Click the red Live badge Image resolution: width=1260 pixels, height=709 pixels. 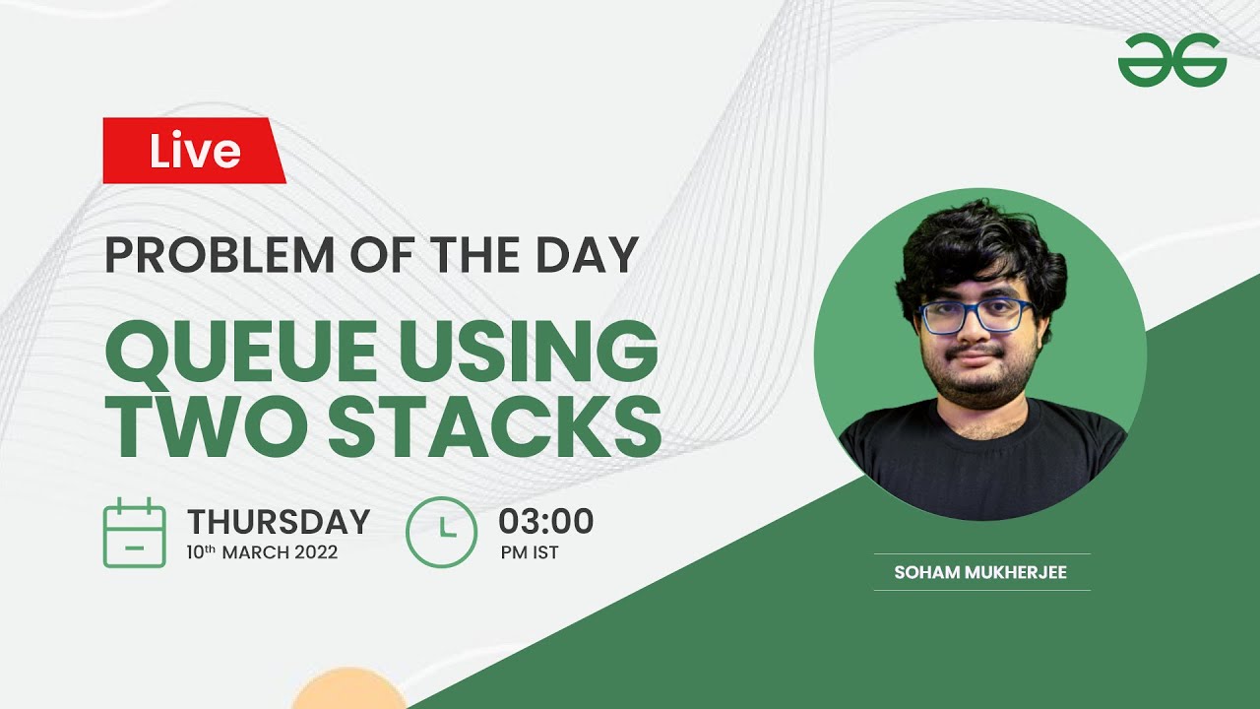point(194,151)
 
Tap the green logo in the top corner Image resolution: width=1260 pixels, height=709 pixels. point(1171,60)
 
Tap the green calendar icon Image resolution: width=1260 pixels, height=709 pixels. point(134,533)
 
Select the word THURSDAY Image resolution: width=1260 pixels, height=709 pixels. point(279,521)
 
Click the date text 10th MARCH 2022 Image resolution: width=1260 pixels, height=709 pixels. point(262,552)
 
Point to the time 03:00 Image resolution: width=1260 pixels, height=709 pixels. point(545,521)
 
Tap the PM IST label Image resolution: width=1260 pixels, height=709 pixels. point(530,552)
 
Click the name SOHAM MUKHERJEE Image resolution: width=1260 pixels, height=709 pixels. point(980,572)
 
